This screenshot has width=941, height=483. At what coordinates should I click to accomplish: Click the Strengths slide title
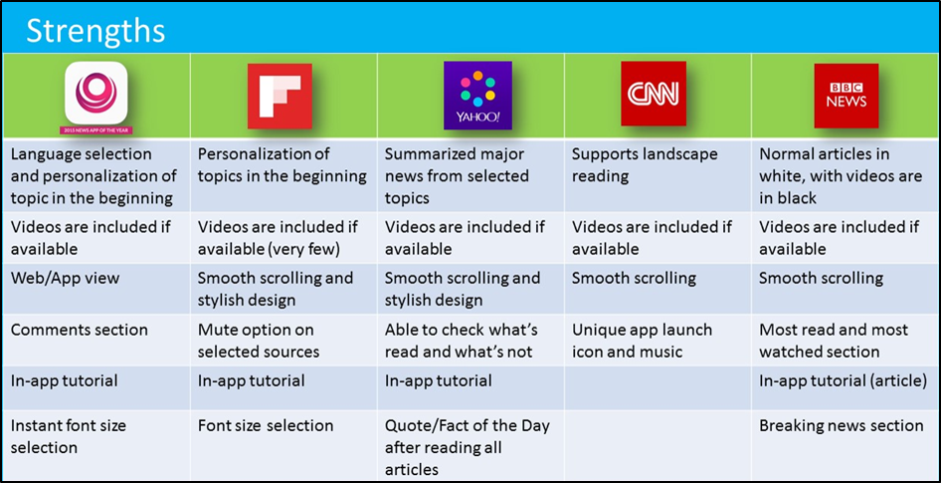(95, 30)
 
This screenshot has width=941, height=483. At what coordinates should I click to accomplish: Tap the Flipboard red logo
(280, 96)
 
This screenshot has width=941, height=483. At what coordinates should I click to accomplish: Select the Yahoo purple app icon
(477, 96)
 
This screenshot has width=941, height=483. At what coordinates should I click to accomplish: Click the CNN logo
(653, 95)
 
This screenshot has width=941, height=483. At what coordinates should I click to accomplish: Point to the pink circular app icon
(96, 93)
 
